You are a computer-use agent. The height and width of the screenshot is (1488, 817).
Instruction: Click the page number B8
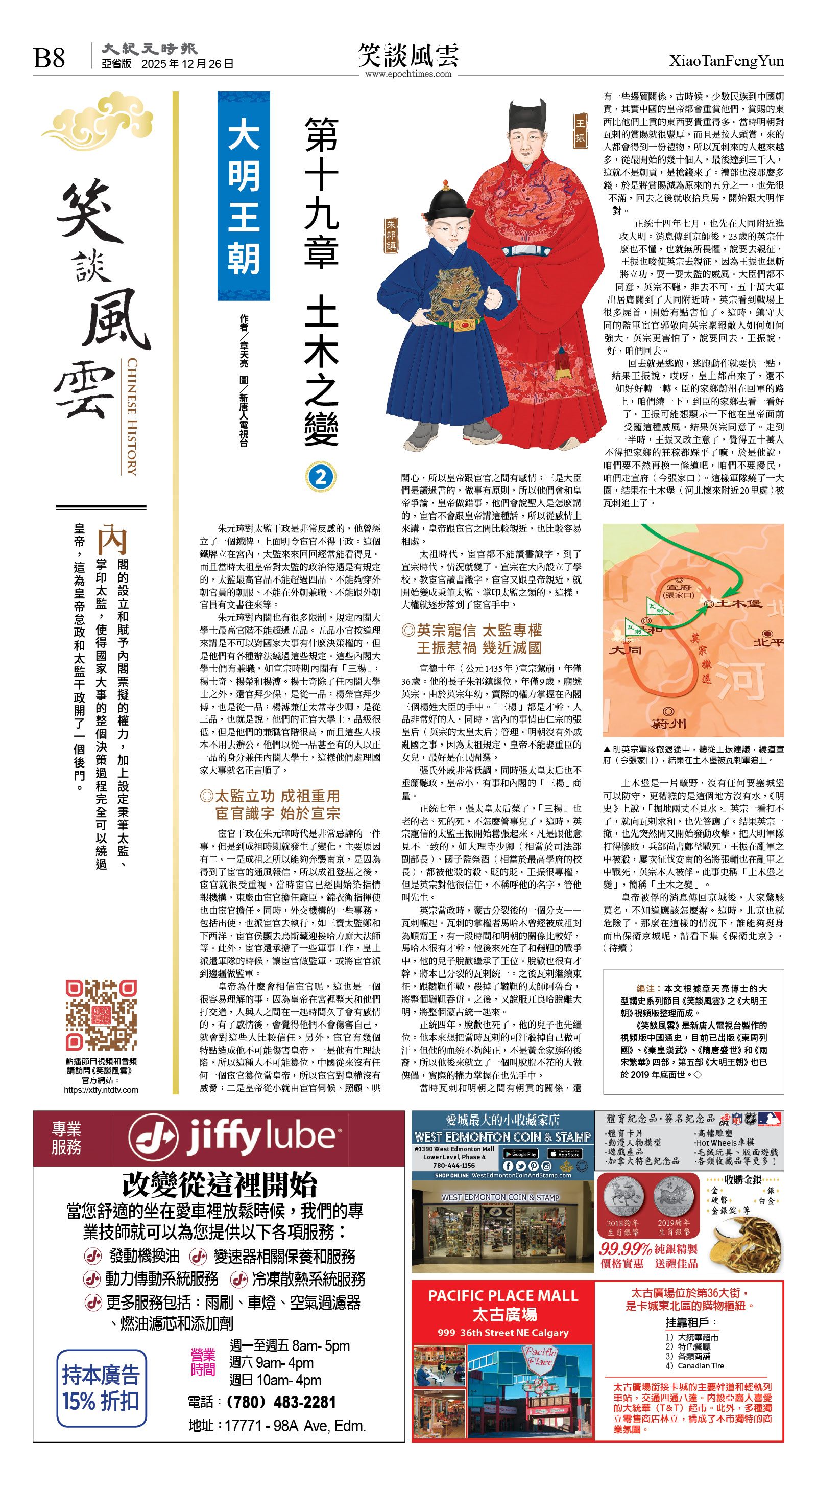49,58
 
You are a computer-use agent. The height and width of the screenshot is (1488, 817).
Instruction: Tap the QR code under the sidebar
101,1014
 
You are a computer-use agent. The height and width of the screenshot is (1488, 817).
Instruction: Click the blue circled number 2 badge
321,477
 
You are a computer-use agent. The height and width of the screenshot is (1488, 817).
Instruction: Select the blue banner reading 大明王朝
244,196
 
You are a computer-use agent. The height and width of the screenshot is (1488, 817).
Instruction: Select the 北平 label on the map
768,642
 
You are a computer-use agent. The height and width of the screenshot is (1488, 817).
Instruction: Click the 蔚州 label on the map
668,723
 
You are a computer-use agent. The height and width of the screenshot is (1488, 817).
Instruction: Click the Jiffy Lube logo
233,1137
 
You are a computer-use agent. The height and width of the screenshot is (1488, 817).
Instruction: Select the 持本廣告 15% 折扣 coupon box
102,1388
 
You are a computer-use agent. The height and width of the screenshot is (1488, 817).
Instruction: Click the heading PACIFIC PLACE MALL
503,1296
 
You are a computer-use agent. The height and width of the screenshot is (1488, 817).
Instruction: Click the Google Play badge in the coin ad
520,1153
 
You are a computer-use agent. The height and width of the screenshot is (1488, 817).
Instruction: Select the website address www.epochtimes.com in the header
408,74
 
